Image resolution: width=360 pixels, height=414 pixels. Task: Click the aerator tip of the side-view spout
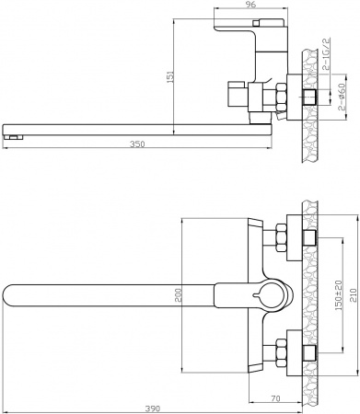coord(10,136)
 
